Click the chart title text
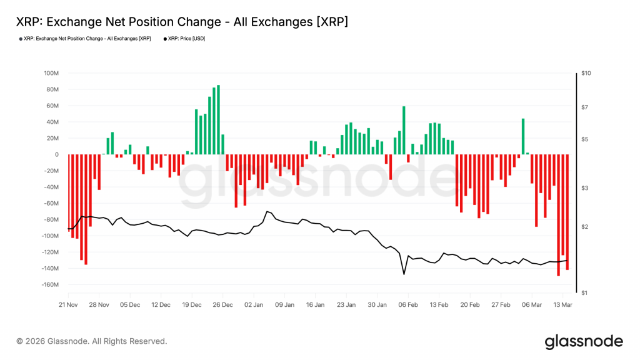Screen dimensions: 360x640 (181, 22)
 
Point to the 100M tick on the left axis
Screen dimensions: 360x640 (51, 73)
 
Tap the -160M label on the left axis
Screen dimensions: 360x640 (49, 285)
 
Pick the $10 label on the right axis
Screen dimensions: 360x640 (586, 73)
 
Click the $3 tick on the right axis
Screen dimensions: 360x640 (584, 187)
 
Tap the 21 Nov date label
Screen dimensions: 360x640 (68, 305)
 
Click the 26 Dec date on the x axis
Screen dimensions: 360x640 (222, 305)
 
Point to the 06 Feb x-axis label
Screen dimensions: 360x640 (408, 305)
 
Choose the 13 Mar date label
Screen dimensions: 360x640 (562, 305)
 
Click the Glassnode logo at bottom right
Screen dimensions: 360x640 (584, 341)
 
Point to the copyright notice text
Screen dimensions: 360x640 (92, 341)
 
